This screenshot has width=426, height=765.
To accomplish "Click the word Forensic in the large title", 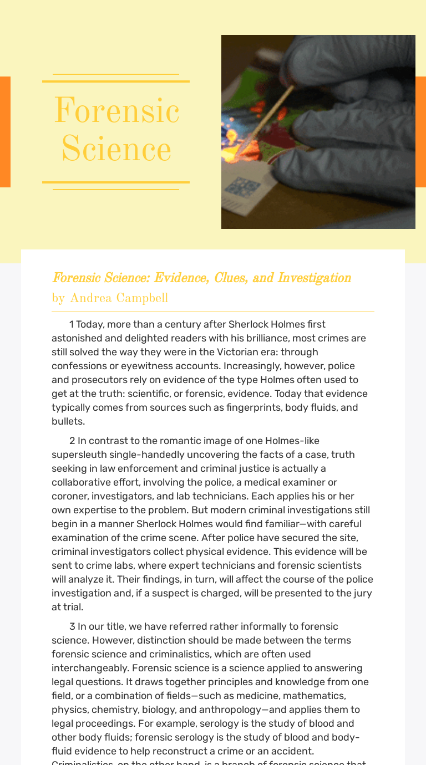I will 116,111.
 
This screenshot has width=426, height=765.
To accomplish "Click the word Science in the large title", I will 116,150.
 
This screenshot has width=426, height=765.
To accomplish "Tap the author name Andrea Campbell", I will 119,298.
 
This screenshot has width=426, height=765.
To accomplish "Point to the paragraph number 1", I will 72,324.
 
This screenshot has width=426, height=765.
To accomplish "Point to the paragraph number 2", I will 72,441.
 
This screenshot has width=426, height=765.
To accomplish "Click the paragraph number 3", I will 72,626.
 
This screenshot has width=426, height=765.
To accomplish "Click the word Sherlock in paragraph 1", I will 247,324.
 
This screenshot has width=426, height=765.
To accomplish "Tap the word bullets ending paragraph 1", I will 68,421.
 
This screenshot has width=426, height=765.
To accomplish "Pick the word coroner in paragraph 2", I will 69,496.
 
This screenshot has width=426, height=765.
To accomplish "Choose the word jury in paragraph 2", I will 361,593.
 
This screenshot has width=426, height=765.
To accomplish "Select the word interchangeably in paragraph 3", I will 88,668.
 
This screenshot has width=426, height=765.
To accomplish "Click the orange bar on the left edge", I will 5,132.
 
